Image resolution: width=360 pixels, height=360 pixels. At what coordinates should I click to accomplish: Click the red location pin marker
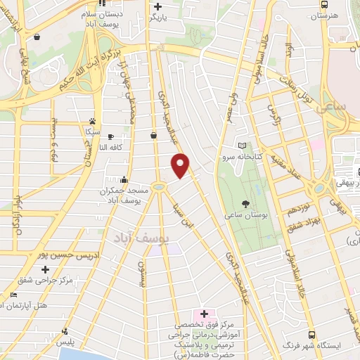(x=181, y=165)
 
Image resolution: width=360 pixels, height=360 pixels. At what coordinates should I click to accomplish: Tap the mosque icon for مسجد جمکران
(x=124, y=179)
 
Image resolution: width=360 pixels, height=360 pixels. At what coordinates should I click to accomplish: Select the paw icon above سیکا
(x=92, y=121)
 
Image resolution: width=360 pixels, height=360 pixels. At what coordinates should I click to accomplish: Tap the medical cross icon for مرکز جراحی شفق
(x=46, y=269)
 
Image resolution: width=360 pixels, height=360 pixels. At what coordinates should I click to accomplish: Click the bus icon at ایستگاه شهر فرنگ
(x=311, y=335)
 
